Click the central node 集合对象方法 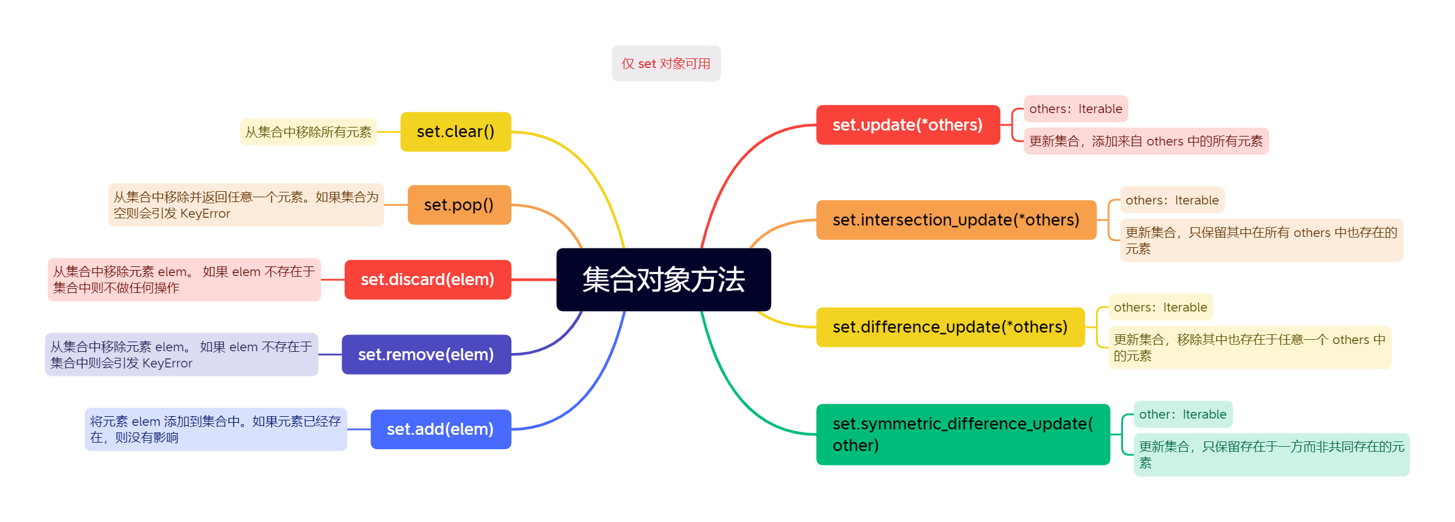[x=663, y=280]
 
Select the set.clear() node [x=455, y=132]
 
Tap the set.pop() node [x=459, y=205]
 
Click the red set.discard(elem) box [x=428, y=280]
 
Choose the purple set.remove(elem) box [x=426, y=355]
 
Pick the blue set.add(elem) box [x=440, y=429]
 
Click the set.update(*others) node [x=908, y=125]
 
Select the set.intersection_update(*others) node [x=956, y=220]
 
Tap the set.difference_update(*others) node [x=950, y=327]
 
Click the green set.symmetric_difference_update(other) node [x=962, y=434]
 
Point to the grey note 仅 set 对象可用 [x=666, y=64]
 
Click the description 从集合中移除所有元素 [x=308, y=132]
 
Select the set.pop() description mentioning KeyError [x=245, y=205]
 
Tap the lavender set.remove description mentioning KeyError [x=181, y=355]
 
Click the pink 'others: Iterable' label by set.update [x=1075, y=109]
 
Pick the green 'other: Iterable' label [x=1183, y=414]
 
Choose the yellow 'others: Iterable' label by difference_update [x=1160, y=307]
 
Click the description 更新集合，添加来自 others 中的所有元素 [x=1146, y=141]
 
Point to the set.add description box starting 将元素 [x=215, y=429]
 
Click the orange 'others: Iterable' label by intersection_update [x=1172, y=200]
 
